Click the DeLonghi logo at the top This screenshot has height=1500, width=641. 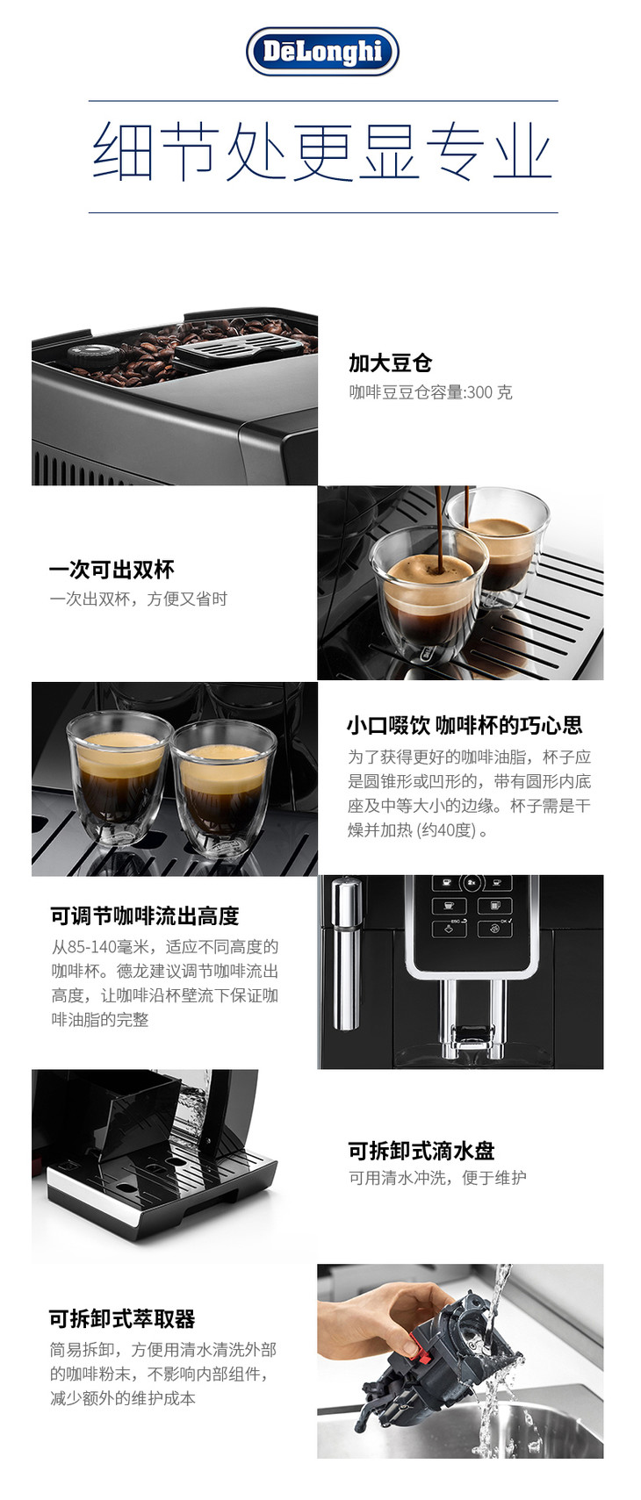[x=322, y=52]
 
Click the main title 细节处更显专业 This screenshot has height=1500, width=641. [x=322, y=152]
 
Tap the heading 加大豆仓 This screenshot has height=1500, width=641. [x=391, y=363]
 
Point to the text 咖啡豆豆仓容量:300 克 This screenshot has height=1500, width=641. [x=430, y=391]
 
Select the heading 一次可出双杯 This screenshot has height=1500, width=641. [x=112, y=570]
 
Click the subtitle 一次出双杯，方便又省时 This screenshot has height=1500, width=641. [x=138, y=599]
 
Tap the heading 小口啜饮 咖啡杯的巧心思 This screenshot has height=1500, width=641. [x=465, y=725]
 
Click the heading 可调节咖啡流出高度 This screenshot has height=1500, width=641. [x=145, y=915]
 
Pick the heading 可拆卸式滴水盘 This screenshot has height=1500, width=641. [x=421, y=1151]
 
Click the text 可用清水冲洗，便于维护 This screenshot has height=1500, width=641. [x=437, y=1177]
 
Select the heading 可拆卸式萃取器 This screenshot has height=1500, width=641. [x=122, y=1318]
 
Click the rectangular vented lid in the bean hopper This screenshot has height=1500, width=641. [x=239, y=346]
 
